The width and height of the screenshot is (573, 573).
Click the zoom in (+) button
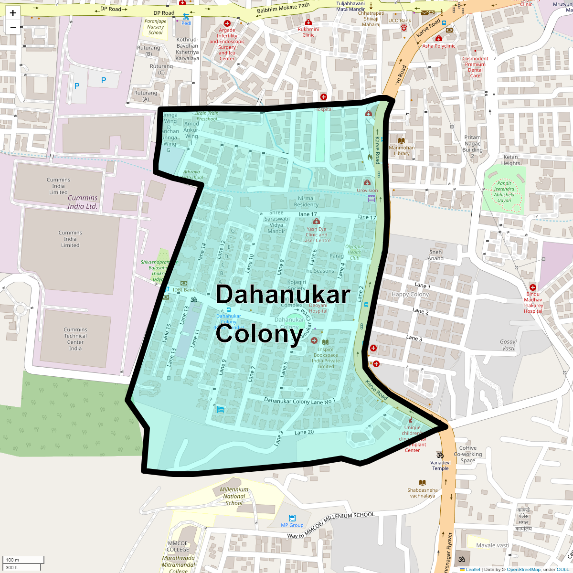coord(13,13)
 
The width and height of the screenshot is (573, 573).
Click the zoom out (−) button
coord(13,27)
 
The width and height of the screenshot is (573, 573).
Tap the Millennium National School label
coord(234,496)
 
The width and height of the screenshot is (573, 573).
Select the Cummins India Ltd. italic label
coord(82,202)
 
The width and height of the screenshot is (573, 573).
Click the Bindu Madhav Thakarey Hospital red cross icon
coord(533,287)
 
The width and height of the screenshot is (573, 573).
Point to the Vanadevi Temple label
coord(440,465)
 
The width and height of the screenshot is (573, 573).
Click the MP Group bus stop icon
coord(292,518)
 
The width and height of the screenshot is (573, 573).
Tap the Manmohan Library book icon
coord(401,140)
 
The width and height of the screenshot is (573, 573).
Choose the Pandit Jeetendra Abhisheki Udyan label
coord(504,192)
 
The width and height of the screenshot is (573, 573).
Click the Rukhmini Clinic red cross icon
coord(308,22)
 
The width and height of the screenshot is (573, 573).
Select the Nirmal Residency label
coord(306,202)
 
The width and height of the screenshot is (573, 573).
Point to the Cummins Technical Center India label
coord(75,339)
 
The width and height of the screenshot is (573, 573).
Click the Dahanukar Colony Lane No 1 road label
coord(299,401)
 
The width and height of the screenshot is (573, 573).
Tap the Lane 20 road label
coord(304,432)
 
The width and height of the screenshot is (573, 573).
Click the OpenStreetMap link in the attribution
coord(523,569)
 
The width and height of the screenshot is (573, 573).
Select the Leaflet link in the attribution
coord(473,569)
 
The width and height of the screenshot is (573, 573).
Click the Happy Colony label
coord(410,295)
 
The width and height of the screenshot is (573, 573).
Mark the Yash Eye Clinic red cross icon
coord(316,222)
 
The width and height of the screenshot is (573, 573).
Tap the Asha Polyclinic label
coord(439,46)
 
